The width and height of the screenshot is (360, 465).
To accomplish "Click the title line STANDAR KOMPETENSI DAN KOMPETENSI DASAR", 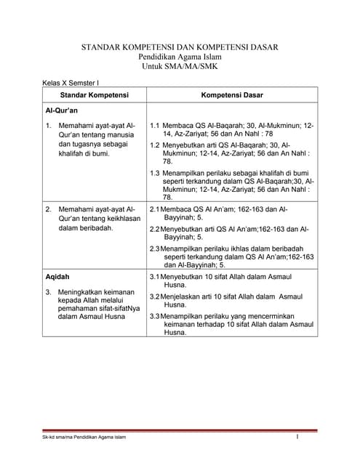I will click(179, 47).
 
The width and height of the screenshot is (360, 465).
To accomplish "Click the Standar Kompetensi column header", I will click(94, 96).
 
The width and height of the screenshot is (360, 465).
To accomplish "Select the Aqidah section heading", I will click(57, 278).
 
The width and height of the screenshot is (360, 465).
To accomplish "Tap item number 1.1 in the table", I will click(155, 126).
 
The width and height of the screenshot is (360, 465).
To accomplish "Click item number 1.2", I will click(155, 145).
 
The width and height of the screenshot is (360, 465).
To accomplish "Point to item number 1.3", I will click(155, 173).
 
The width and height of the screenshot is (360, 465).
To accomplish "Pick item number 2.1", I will click(154, 209).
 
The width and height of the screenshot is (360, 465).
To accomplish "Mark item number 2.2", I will click(154, 229).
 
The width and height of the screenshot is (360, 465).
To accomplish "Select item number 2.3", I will click(154, 248).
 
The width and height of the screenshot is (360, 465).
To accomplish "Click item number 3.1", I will click(154, 278).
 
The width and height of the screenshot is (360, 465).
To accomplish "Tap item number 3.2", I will click(154, 297).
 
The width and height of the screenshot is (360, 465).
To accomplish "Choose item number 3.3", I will click(154, 317).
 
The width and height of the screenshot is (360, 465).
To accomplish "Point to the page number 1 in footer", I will click(298, 437).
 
